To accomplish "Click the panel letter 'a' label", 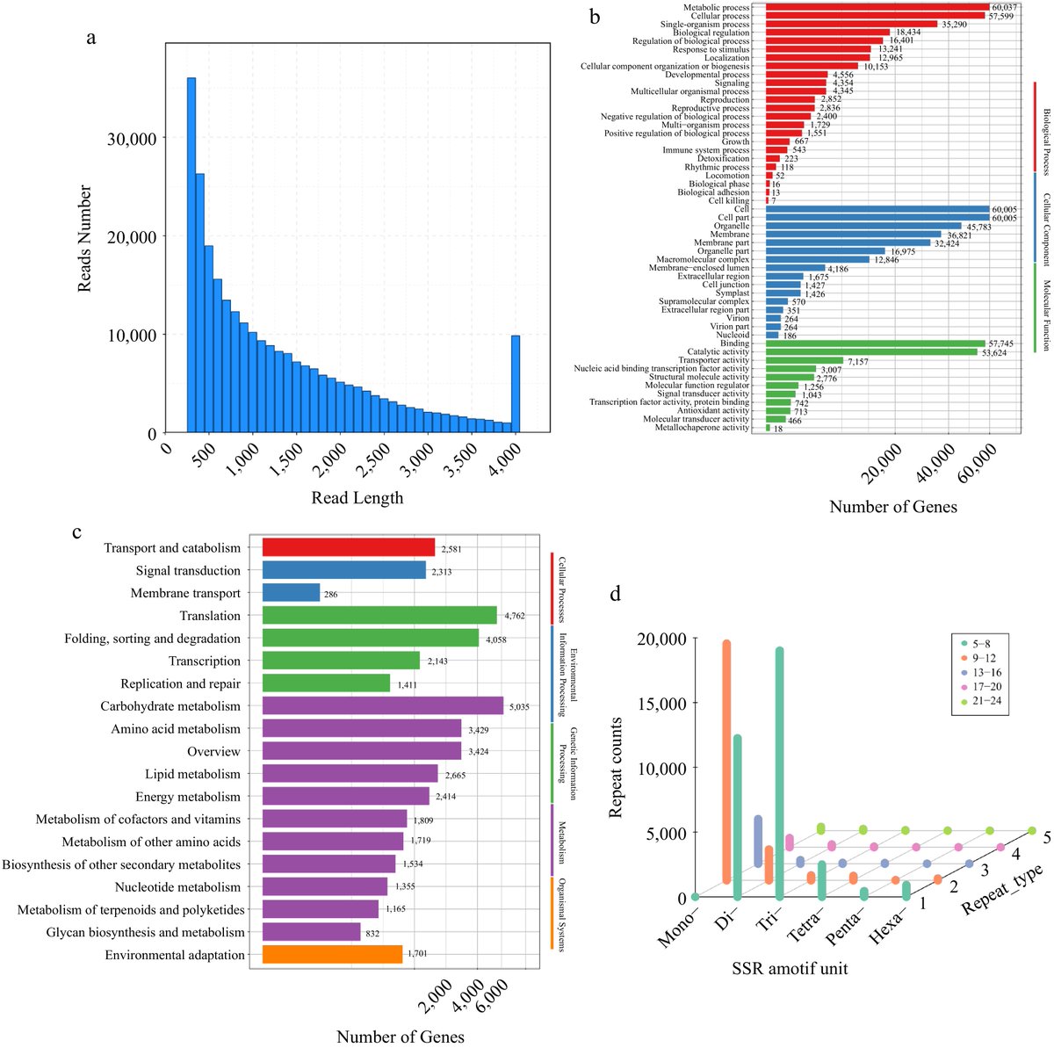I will point(90,37).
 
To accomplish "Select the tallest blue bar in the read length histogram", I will point(191,255).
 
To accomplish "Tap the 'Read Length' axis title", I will point(357,498).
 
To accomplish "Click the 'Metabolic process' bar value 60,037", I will point(1004,8).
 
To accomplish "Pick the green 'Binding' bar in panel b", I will point(875,343).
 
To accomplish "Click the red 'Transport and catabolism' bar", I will point(348,548).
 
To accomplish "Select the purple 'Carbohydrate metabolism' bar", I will point(382,706).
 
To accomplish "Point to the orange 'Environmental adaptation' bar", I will point(332,955).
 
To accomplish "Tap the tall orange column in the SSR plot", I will point(726,760).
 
